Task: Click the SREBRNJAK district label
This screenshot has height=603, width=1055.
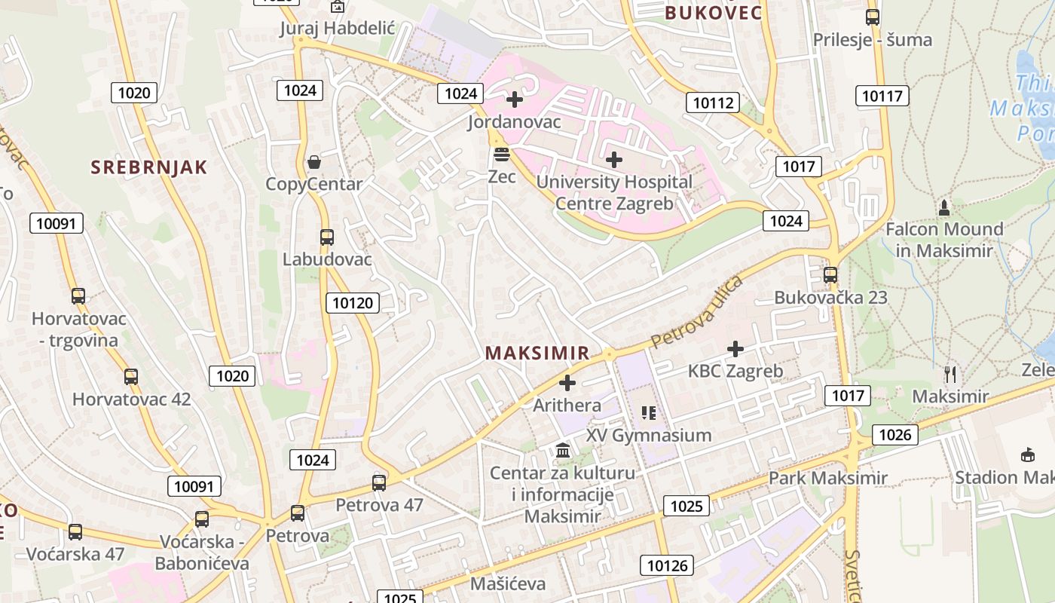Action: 149,167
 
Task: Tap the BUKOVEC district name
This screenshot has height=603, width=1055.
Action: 713,13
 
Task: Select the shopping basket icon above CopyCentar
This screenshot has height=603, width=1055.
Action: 314,162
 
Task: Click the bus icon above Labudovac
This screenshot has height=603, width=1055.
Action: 327,237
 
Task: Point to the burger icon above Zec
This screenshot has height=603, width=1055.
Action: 502,155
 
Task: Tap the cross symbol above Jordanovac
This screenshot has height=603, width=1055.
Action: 515,99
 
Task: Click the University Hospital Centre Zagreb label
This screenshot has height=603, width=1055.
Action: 614,192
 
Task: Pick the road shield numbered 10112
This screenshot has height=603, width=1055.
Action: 712,103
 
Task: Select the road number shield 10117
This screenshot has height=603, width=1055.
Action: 882,96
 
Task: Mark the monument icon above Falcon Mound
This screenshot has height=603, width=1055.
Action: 943,207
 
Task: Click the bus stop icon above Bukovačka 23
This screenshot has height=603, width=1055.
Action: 830,275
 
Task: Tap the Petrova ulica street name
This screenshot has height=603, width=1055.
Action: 696,312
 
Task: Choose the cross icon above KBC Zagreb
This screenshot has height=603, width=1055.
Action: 735,349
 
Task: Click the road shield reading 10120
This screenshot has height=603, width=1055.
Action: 353,303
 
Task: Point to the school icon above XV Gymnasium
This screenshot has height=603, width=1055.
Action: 649,413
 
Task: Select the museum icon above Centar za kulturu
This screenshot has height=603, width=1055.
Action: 563,451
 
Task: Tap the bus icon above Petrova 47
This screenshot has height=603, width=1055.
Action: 379,482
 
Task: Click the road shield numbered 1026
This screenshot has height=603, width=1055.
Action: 895,434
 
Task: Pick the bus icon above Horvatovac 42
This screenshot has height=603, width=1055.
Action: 131,376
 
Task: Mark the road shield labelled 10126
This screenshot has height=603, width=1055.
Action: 668,565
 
